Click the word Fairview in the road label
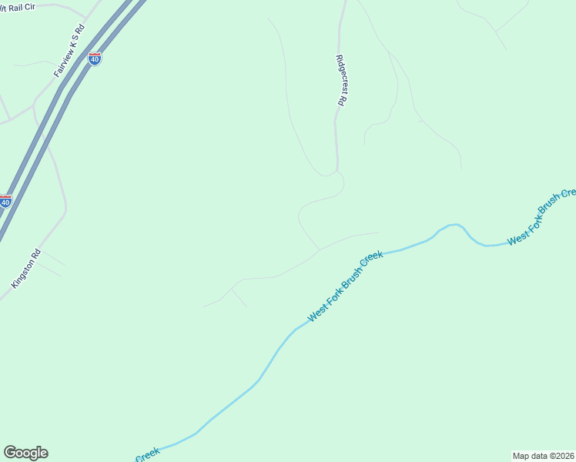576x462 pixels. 62,62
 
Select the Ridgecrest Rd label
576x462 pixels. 341,79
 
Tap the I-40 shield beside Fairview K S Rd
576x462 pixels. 95,58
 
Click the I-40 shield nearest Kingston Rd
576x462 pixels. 5,201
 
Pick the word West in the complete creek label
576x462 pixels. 316,313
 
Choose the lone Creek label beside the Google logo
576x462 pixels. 147,454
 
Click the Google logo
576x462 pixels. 25,453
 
